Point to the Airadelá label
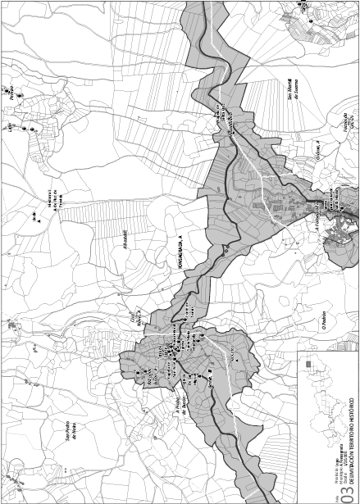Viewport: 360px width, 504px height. click(125, 243)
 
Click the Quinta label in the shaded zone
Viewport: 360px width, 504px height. click(212, 378)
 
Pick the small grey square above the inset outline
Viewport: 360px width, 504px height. click(308, 363)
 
